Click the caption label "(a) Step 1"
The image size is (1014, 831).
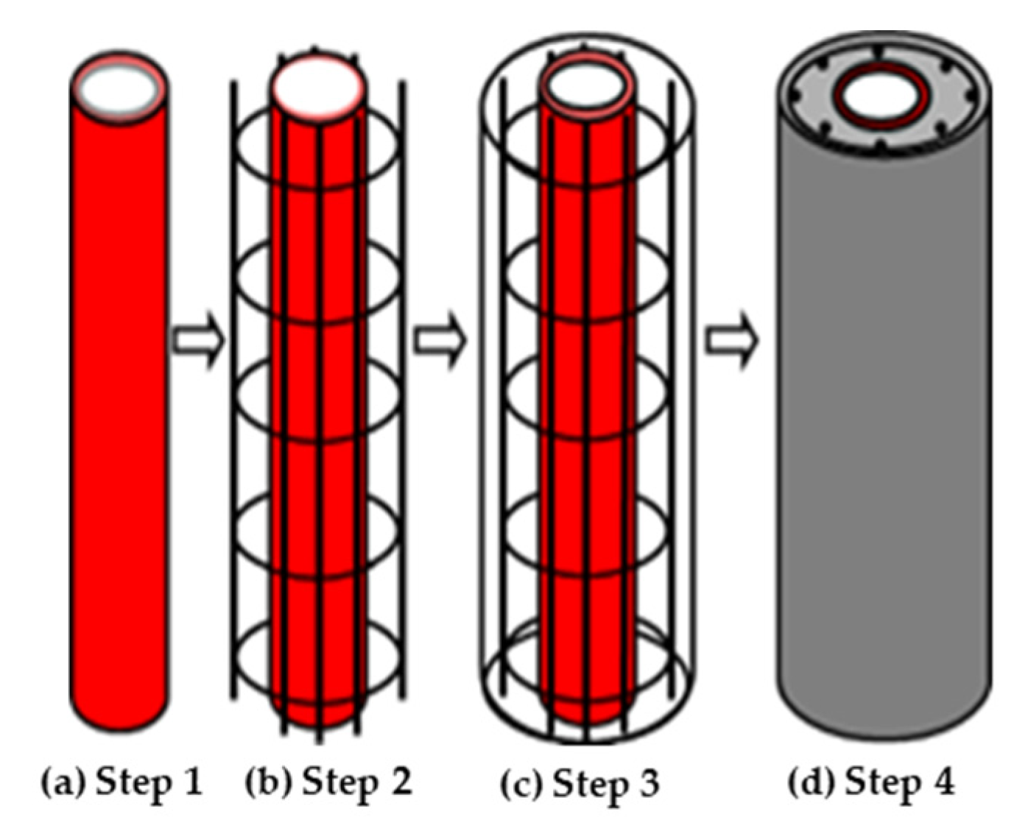pyautogui.click(x=121, y=782)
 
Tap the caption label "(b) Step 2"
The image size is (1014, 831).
pyautogui.click(x=328, y=782)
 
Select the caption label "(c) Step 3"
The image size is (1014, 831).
pyautogui.click(x=579, y=783)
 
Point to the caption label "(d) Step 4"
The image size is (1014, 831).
pyautogui.click(x=871, y=782)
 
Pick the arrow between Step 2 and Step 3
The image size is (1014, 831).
pyautogui.click(x=440, y=341)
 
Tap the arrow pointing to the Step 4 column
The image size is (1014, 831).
pyautogui.click(x=732, y=341)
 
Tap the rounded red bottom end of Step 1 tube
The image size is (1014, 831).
pyautogui.click(x=120, y=710)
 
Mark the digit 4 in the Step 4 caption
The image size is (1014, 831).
pyautogui.click(x=943, y=781)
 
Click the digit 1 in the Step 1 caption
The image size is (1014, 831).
pyautogui.click(x=191, y=781)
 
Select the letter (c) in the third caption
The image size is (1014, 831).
pyautogui.click(x=521, y=784)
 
